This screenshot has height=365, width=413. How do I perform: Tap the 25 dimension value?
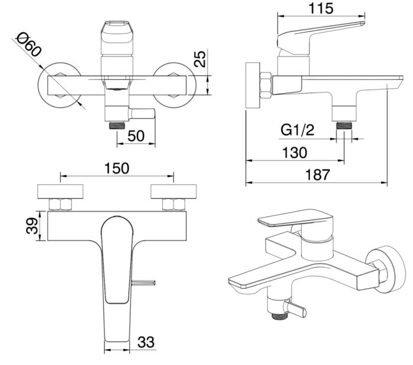[x=201, y=60]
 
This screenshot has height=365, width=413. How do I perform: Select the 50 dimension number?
[x=136, y=135]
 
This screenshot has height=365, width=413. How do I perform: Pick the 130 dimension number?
[x=294, y=153]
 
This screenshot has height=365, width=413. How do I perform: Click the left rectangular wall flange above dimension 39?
[x=61, y=192]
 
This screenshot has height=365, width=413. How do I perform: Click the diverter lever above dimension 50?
[x=142, y=112]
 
